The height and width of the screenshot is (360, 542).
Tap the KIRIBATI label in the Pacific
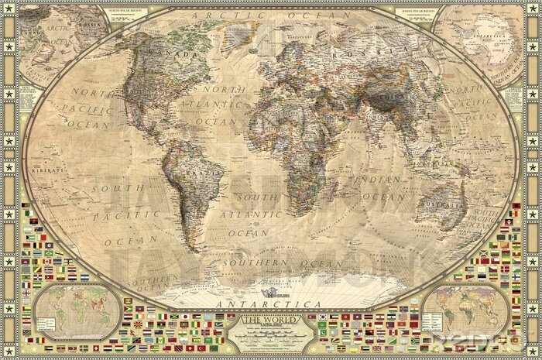point(57,166)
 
